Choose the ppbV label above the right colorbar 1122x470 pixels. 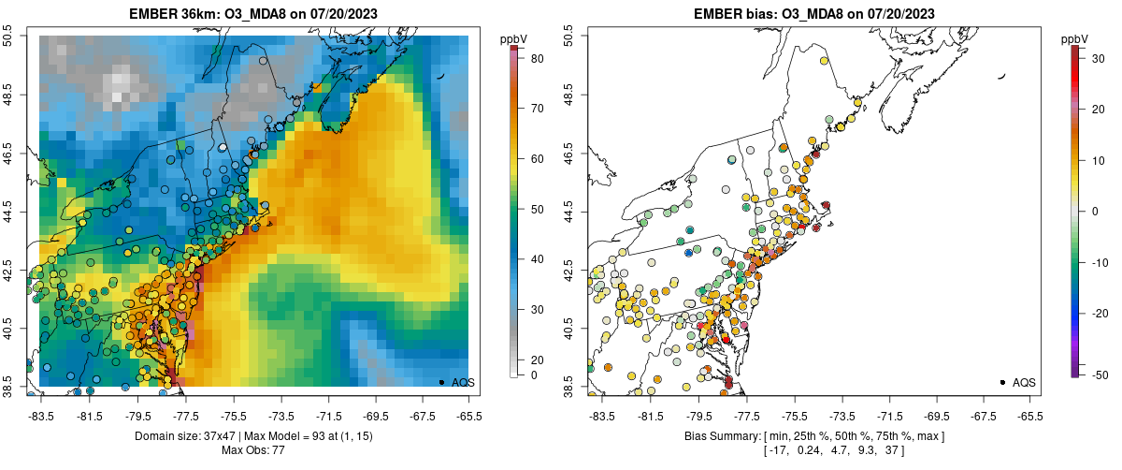(x=1076, y=38)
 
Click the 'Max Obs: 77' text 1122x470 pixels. (x=252, y=451)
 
